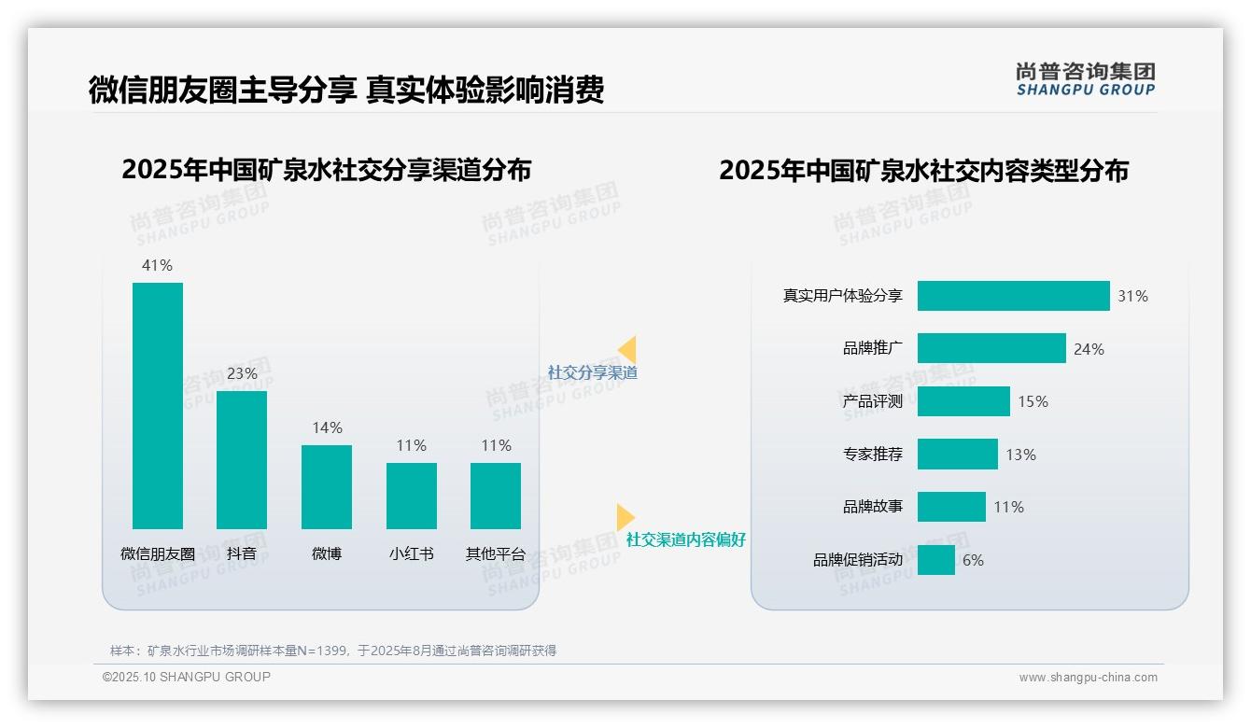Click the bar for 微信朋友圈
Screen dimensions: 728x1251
[x=158, y=406]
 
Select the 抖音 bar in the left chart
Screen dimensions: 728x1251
[x=242, y=460]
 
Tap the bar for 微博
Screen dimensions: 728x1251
[x=327, y=487]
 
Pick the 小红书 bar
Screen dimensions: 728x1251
[x=412, y=496]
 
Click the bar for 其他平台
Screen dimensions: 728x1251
[x=496, y=496]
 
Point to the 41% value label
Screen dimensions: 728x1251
[x=157, y=265]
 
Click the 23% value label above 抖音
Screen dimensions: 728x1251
[x=242, y=373]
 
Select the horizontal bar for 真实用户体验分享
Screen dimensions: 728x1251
[x=1013, y=296]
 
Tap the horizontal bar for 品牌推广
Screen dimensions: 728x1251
[x=991, y=348]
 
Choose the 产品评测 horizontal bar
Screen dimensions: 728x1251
[x=963, y=401]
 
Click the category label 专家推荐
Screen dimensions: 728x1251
[x=873, y=455]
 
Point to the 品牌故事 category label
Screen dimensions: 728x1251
[x=873, y=507]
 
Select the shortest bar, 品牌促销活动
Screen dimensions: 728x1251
[x=936, y=560]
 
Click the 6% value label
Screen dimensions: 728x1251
[x=973, y=560]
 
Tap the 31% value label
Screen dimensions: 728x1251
[x=1132, y=296]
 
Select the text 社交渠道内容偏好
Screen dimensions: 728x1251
[x=686, y=539]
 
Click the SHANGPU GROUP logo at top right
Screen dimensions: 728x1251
[x=1086, y=79]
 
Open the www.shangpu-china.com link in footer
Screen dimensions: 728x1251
[x=1088, y=678]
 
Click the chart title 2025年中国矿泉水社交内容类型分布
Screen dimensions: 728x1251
[x=923, y=170]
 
